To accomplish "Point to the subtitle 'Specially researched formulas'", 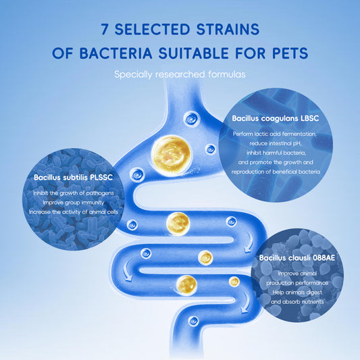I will pyautogui.click(x=180, y=74).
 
